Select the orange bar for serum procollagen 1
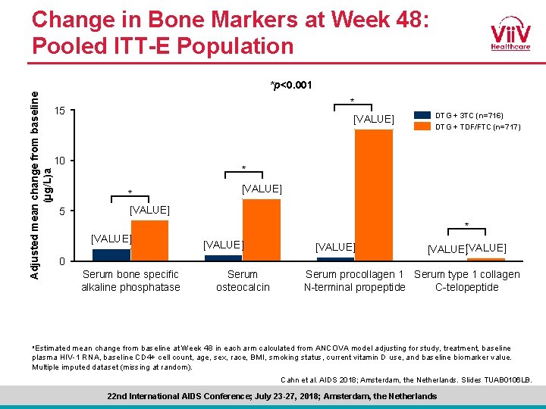(374, 195)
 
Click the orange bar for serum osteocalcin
(261, 229)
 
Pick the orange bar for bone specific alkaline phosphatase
(149, 240)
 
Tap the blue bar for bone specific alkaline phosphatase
(111, 254)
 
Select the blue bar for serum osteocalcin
(223, 258)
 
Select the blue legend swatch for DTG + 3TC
(421, 115)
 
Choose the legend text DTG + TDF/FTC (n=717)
(478, 127)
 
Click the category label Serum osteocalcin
(243, 280)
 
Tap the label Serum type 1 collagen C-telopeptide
(467, 280)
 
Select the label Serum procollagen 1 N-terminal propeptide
(354, 280)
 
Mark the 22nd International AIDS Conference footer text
(273, 396)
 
